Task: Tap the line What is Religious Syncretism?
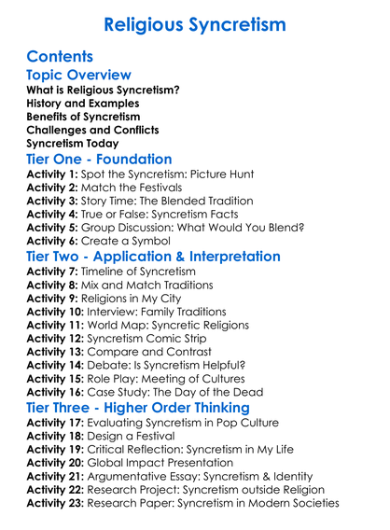click(103, 91)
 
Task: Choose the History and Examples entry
click(83, 104)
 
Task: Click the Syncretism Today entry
click(72, 143)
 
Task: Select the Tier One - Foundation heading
click(100, 160)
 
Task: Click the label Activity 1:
click(54, 175)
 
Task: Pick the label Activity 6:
click(54, 241)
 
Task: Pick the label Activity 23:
click(58, 501)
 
